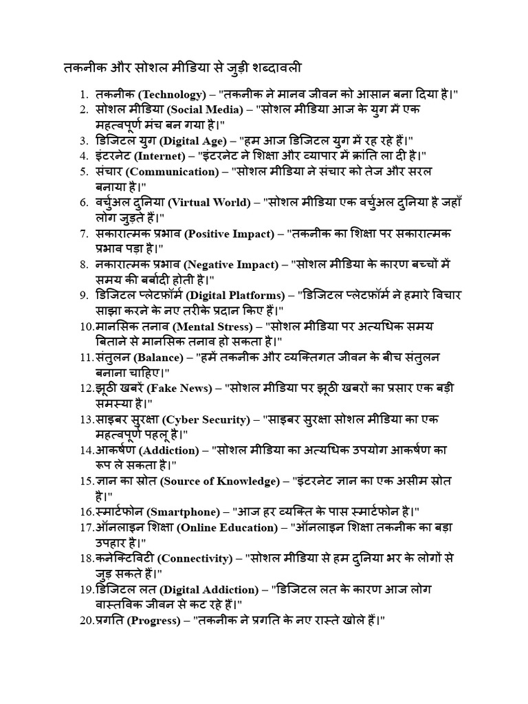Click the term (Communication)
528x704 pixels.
172,172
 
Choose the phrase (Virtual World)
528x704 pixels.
206,203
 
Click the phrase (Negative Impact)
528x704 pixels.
234,265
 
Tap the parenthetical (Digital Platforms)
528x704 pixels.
236,296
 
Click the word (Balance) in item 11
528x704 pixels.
159,357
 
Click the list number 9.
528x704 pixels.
83,296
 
